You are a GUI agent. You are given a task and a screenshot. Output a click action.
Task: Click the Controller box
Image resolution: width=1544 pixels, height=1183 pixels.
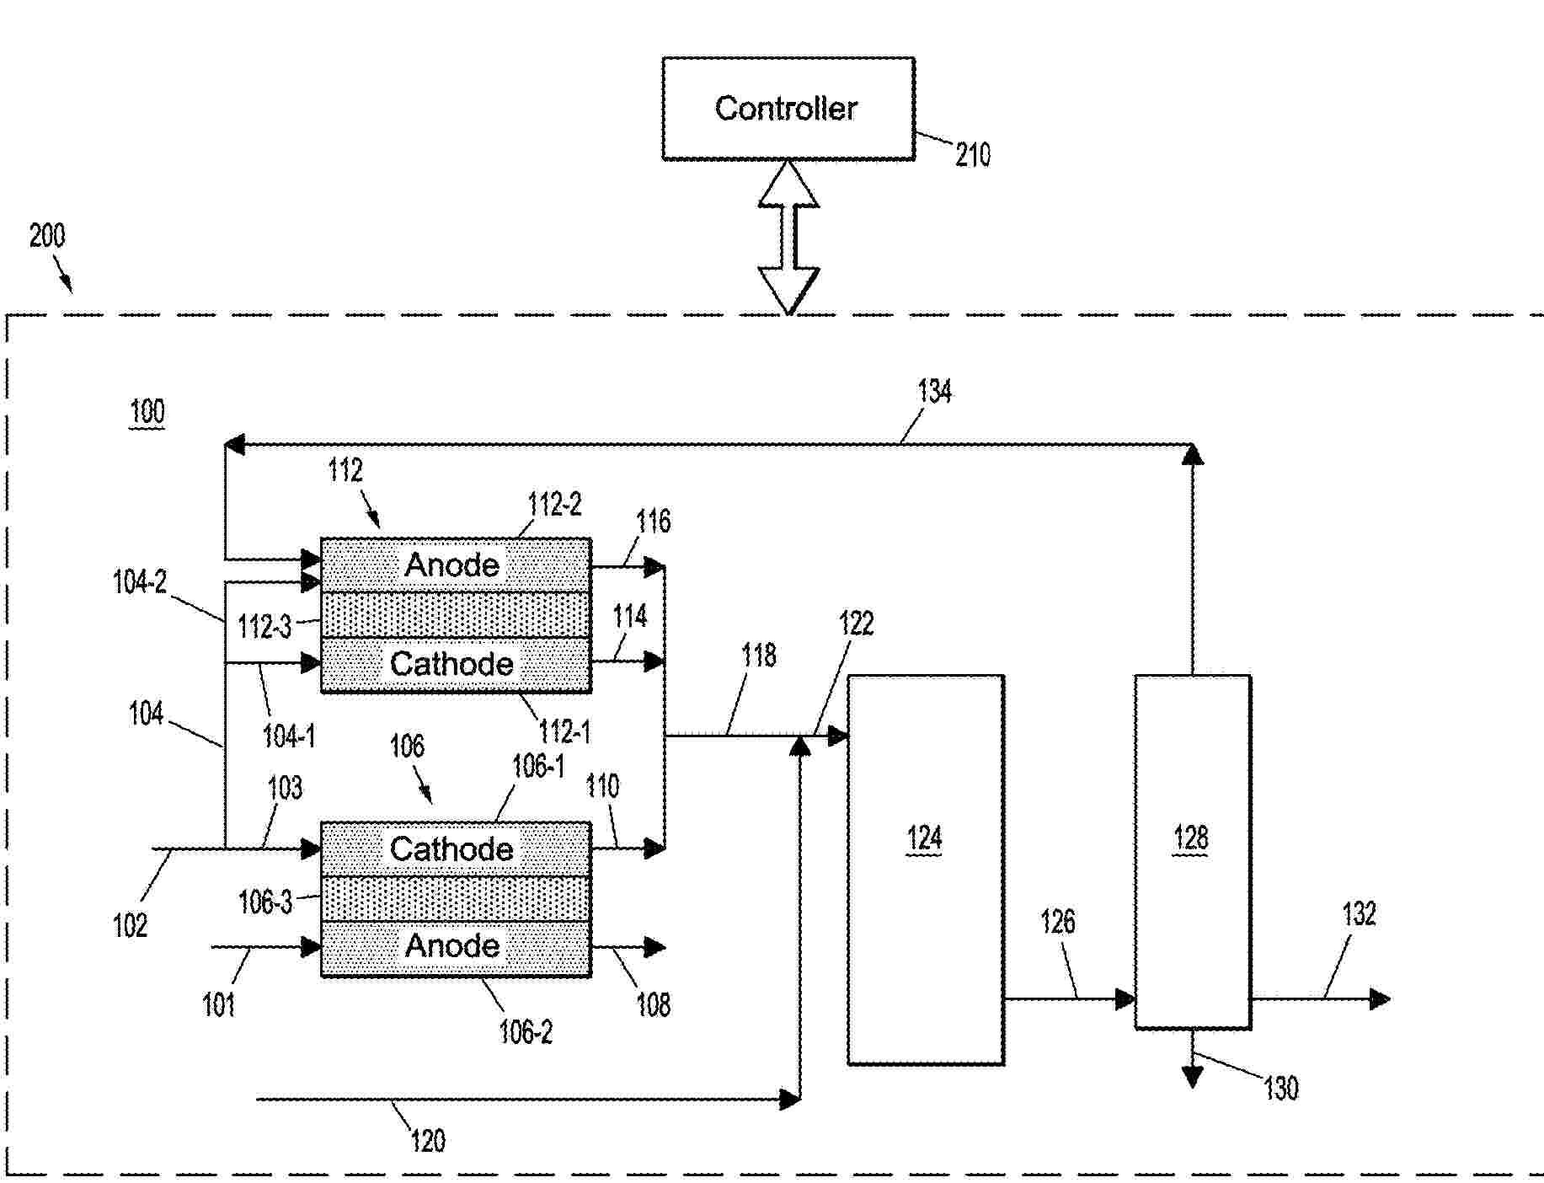pyautogui.click(x=788, y=108)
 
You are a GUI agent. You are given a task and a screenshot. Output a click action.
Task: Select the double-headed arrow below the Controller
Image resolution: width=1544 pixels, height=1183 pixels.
pyautogui.click(x=788, y=237)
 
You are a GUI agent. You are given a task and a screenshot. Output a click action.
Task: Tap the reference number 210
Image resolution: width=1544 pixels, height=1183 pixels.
pyautogui.click(x=973, y=155)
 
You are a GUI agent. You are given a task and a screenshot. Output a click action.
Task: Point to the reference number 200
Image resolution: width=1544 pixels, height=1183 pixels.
pyautogui.click(x=47, y=235)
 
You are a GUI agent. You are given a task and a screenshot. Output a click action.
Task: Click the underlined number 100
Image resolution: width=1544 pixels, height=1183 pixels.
pyautogui.click(x=147, y=412)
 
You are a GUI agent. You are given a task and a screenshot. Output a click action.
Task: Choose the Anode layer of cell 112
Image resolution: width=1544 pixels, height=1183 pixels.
pyautogui.click(x=455, y=565)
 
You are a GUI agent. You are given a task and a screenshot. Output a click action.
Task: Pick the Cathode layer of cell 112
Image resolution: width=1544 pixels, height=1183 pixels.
pyautogui.click(x=455, y=665)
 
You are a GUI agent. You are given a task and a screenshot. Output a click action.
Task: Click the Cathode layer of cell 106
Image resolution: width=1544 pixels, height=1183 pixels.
pyautogui.click(x=455, y=848)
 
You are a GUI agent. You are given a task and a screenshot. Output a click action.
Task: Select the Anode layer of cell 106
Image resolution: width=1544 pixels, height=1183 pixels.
pyautogui.click(x=455, y=947)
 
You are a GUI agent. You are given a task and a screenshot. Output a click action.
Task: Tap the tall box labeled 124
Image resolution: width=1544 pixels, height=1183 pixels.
pyautogui.click(x=925, y=870)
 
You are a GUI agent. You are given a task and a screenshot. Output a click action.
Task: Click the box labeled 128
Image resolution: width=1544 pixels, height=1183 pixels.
pyautogui.click(x=1192, y=851)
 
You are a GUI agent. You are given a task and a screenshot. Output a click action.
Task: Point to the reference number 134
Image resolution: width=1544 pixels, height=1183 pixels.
pyautogui.click(x=934, y=391)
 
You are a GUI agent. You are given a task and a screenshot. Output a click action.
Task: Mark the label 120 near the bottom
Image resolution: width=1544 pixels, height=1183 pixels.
pyautogui.click(x=428, y=1142)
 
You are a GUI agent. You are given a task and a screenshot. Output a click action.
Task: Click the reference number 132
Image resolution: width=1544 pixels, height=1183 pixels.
pyautogui.click(x=1359, y=914)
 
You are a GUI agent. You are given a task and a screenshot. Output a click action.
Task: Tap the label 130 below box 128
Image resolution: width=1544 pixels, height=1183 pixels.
pyautogui.click(x=1281, y=1089)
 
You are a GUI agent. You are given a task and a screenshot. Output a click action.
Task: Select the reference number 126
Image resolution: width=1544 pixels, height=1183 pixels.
pyautogui.click(x=1057, y=922)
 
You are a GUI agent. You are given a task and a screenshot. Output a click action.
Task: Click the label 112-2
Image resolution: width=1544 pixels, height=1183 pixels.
pyautogui.click(x=554, y=505)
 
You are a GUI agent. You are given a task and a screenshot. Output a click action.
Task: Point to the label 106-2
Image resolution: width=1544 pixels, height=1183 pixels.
pyautogui.click(x=526, y=1032)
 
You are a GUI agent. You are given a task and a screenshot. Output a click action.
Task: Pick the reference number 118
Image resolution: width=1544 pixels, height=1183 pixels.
pyautogui.click(x=758, y=656)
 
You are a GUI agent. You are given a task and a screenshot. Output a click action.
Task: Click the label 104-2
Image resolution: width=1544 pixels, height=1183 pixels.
pyautogui.click(x=140, y=582)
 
